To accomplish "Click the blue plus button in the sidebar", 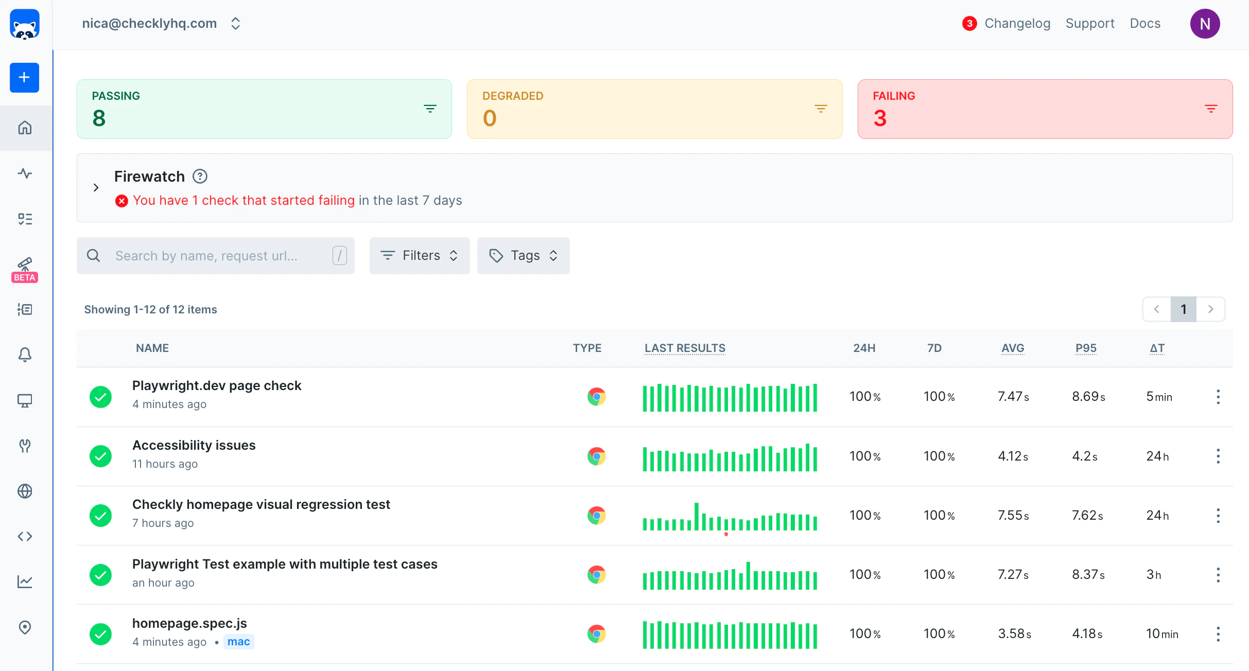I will [24, 78].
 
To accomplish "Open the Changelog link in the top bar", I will [1017, 24].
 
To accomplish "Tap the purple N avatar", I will [1205, 24].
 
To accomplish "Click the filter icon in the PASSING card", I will [430, 109].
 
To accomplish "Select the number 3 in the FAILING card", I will [880, 118].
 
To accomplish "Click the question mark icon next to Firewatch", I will [200, 176].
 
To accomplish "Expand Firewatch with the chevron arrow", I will [96, 187].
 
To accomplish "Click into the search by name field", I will [216, 256].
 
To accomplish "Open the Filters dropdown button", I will [419, 256].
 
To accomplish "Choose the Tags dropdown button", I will [523, 256].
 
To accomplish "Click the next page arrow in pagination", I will [1210, 309].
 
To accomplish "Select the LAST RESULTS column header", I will [685, 348].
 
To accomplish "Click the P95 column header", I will [1086, 348].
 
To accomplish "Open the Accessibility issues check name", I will [194, 445].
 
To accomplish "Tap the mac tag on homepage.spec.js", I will [238, 642].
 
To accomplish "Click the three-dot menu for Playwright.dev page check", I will [1218, 397].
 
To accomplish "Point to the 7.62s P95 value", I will [1087, 516].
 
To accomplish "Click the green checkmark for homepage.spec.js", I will [101, 634].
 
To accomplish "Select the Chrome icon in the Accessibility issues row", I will [596, 456].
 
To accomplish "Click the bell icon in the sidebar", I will [25, 355].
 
